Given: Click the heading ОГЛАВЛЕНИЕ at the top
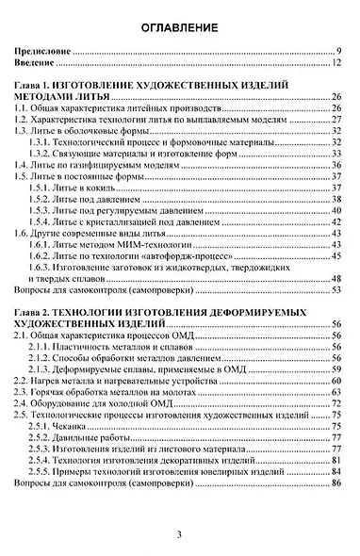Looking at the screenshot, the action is tap(180, 28).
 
